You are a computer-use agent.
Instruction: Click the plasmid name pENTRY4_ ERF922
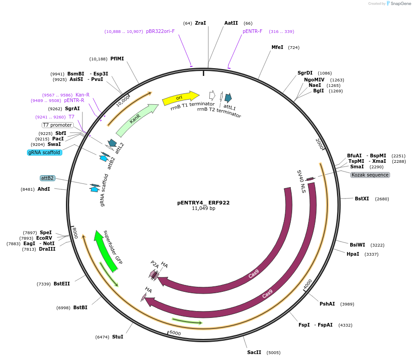[203, 202]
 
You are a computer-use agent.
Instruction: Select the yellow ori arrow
[180, 98]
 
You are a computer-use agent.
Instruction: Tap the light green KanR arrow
[136, 119]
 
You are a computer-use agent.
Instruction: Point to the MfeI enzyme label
[277, 47]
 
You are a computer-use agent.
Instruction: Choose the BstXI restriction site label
[361, 199]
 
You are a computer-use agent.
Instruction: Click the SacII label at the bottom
[254, 352]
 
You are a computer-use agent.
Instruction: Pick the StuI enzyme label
[117, 337]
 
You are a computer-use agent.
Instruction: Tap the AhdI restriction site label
[43, 189]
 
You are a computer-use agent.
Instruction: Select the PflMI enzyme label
[117, 59]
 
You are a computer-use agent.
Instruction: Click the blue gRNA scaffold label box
[44, 152]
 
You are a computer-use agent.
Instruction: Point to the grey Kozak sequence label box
[370, 175]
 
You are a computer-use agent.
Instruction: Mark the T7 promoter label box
[57, 125]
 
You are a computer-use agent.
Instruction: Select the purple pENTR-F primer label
[252, 31]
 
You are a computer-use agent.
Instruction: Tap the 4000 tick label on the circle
[308, 284]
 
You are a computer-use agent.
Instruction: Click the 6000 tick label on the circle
[175, 333]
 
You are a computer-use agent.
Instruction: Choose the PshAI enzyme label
[327, 304]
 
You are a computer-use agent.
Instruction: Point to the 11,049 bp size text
[203, 209]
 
